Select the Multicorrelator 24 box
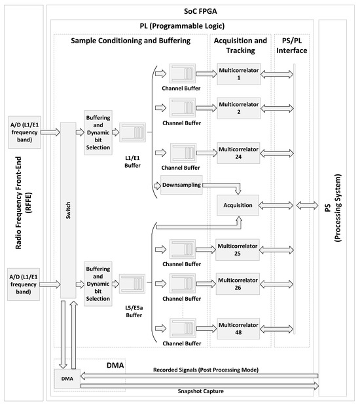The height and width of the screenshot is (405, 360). click(239, 151)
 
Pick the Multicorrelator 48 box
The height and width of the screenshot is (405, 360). click(239, 328)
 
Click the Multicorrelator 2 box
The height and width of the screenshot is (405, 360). click(239, 107)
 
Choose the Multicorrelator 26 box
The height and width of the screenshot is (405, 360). click(239, 282)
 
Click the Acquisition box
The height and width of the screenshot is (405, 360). click(239, 204)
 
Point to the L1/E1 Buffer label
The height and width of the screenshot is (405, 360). click(133, 162)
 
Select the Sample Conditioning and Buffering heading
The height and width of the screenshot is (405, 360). click(130, 41)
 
